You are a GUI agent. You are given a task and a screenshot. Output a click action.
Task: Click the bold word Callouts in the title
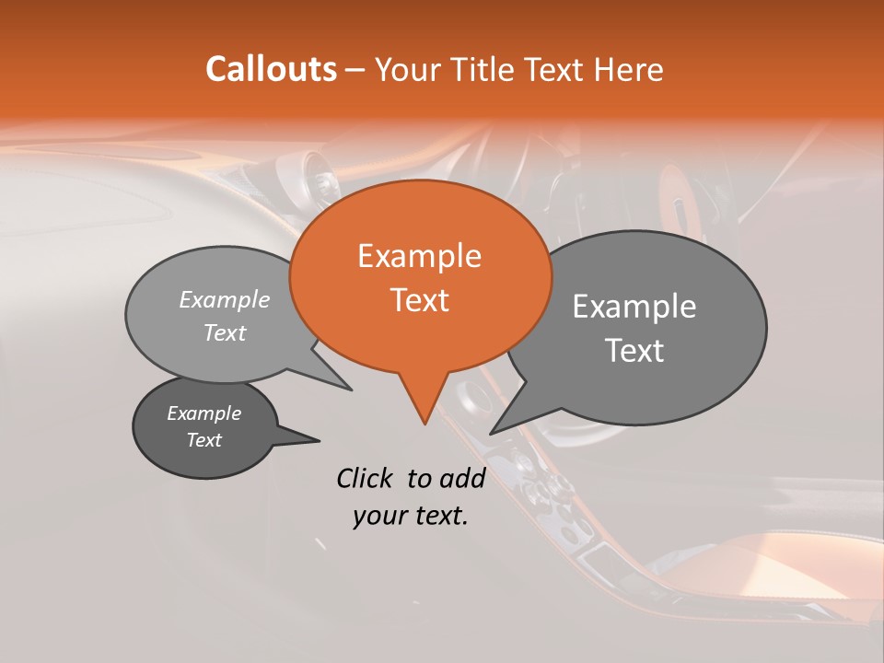pyautogui.click(x=271, y=69)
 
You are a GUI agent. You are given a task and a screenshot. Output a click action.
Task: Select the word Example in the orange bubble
pyautogui.click(x=419, y=256)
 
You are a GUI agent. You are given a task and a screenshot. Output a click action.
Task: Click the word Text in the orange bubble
pyautogui.click(x=419, y=300)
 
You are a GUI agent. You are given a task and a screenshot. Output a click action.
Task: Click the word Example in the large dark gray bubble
pyautogui.click(x=634, y=307)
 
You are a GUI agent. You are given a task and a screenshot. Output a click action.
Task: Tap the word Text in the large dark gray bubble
pyautogui.click(x=634, y=351)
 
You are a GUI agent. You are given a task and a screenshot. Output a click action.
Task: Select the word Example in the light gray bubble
pyautogui.click(x=225, y=299)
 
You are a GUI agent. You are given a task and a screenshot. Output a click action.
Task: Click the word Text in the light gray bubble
pyautogui.click(x=225, y=332)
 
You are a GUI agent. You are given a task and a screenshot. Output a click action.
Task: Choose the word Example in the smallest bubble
pyautogui.click(x=204, y=413)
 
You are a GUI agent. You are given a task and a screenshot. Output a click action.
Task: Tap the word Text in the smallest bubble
pyautogui.click(x=204, y=440)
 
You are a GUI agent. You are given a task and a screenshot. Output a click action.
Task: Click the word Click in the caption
pyautogui.click(x=365, y=478)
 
